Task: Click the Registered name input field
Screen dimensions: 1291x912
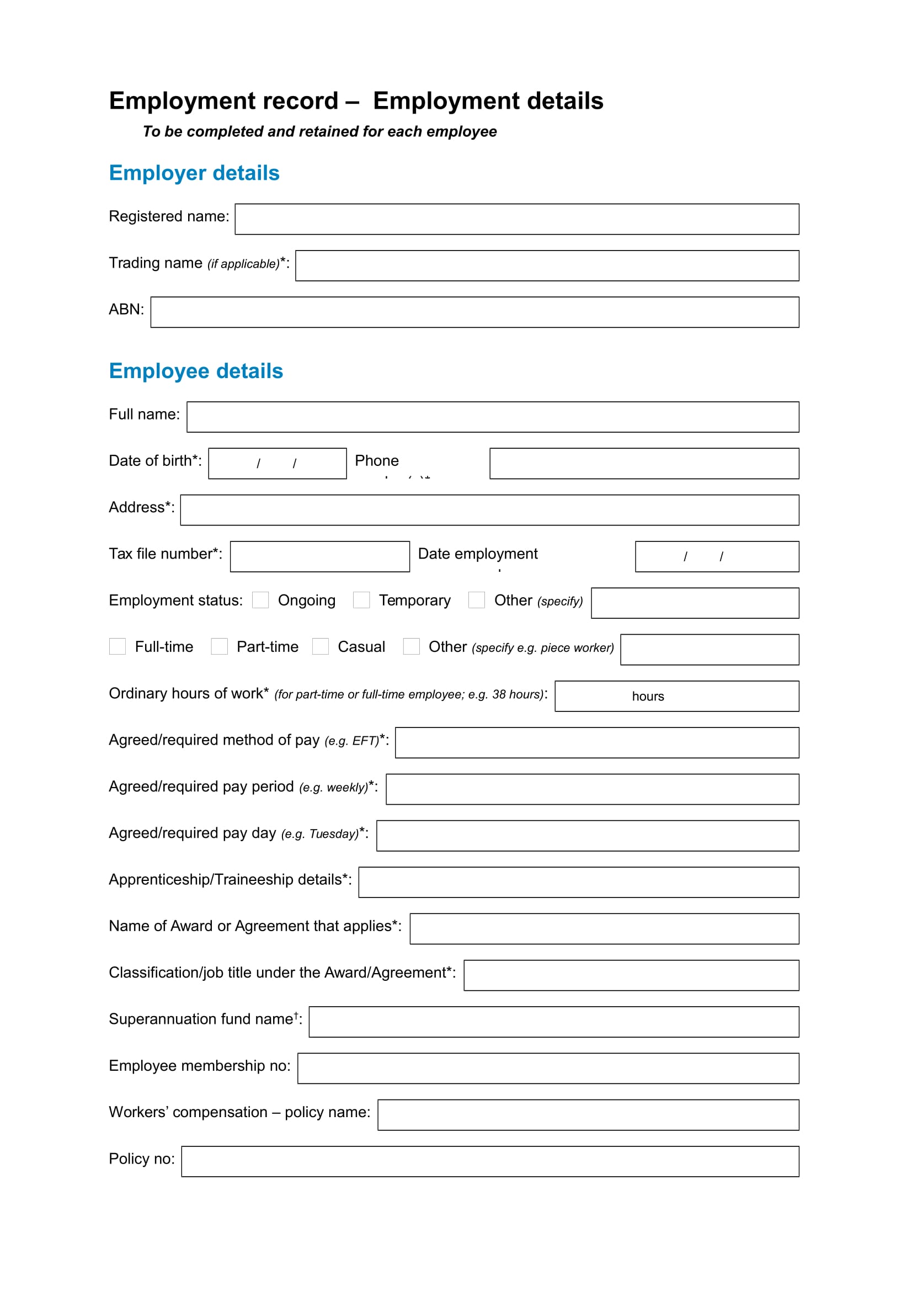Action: [516, 219]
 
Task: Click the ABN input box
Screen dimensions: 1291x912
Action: [474, 312]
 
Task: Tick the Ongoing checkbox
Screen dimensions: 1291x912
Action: [260, 600]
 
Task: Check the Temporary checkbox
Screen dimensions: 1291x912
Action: [361, 600]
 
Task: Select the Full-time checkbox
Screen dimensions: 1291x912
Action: [118, 647]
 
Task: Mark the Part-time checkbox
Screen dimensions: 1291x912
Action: [219, 647]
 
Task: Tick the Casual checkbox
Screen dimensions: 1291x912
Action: [321, 647]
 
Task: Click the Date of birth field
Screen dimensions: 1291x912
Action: [277, 463]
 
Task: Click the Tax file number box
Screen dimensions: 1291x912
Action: [320, 557]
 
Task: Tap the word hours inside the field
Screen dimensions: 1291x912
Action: [648, 696]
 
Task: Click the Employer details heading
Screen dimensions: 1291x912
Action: [194, 173]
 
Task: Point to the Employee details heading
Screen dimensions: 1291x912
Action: [195, 371]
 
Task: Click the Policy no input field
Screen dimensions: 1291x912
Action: [490, 1162]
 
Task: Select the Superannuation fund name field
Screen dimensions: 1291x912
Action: [553, 1022]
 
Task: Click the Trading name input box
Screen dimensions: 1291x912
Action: [547, 265]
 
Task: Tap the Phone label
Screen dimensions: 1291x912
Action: [376, 460]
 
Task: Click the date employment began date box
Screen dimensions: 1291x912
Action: [717, 557]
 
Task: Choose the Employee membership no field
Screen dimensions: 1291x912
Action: [548, 1069]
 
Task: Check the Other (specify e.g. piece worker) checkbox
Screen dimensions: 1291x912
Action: [412, 647]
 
